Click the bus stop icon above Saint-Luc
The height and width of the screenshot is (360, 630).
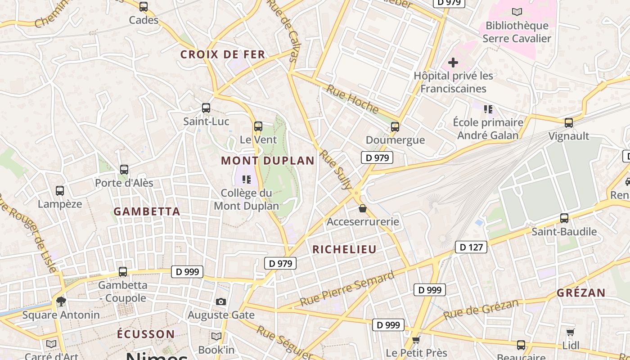[x=206, y=108]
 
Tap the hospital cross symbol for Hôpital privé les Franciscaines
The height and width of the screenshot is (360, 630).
[x=453, y=63]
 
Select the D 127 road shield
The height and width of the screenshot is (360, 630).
[x=471, y=247]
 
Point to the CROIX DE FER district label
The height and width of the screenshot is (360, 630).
[x=223, y=55]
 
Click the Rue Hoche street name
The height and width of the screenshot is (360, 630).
[x=352, y=99]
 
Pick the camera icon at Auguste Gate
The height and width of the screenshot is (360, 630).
[x=220, y=301]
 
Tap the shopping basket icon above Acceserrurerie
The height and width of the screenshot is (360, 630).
[x=363, y=209]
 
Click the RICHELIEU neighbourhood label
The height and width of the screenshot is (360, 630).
[x=344, y=249]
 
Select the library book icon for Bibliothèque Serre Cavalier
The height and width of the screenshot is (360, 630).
[x=517, y=12]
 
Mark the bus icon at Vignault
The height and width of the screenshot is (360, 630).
[x=569, y=122]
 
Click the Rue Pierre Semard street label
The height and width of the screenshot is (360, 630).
[x=347, y=289]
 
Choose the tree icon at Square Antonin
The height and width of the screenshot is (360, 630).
[x=61, y=301]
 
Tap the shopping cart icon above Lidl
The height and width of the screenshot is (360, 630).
[x=571, y=333]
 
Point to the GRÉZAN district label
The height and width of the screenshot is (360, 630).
[x=581, y=293]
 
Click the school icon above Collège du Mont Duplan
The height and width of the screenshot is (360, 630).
[x=247, y=180]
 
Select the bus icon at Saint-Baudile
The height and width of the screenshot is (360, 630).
[x=564, y=218]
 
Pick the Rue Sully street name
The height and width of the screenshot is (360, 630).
[x=336, y=170]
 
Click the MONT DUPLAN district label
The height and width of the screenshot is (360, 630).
[x=268, y=161]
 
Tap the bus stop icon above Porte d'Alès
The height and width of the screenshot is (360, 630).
[x=124, y=170]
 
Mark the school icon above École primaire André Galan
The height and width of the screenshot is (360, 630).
[x=488, y=109]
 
